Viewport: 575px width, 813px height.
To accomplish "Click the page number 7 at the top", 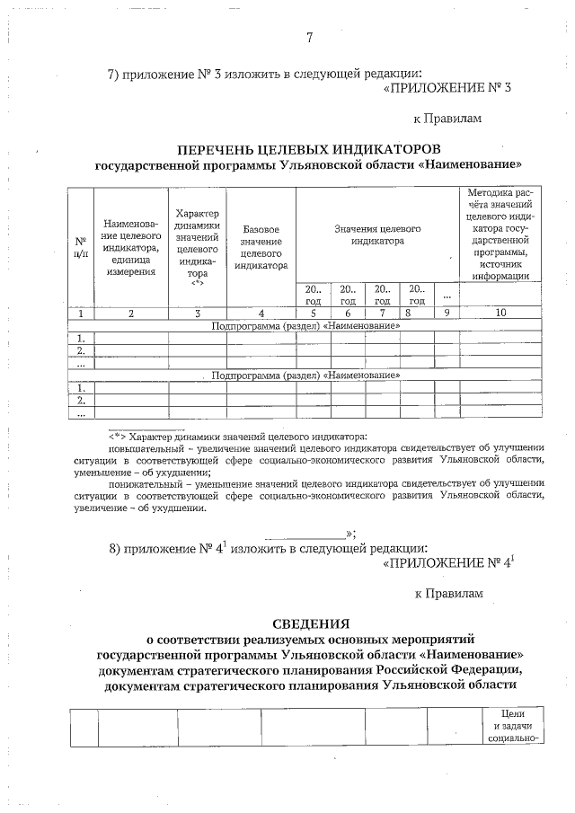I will coord(309,38).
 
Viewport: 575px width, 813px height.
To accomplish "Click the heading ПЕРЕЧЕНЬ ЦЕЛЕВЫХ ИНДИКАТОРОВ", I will coord(308,147).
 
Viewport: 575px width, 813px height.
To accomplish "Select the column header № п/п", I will coord(81,247).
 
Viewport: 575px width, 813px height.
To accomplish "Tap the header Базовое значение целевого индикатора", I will coord(261,247).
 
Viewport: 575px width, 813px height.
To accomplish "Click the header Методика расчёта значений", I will coord(500,234).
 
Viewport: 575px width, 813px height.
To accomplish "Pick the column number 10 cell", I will coord(500,313).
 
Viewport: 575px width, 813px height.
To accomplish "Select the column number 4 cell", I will coord(261,313).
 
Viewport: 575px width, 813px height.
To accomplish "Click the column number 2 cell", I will coord(131,313).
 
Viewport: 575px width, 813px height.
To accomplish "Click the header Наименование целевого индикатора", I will coord(131,247).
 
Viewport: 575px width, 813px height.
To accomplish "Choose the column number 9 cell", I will coord(446,313).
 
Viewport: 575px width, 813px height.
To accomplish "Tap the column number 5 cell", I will coord(313,313).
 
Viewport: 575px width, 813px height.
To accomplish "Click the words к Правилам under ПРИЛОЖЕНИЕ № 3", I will coord(447,118).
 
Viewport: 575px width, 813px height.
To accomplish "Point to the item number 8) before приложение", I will coord(115,547).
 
